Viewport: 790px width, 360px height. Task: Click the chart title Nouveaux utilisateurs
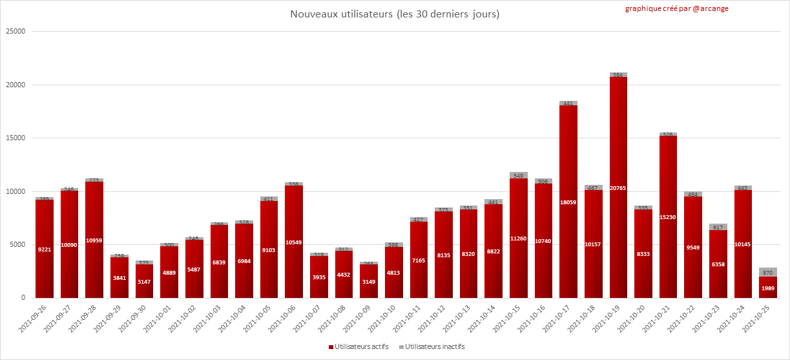[395, 14]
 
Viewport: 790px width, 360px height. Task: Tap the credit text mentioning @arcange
[677, 9]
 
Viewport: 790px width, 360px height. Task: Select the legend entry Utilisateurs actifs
[361, 346]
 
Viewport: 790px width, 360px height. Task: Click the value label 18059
[568, 202]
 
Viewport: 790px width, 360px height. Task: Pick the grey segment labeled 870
[768, 272]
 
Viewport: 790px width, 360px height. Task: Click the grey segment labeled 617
[718, 227]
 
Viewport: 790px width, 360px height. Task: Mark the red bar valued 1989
[768, 288]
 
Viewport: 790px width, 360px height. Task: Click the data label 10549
[294, 242]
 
